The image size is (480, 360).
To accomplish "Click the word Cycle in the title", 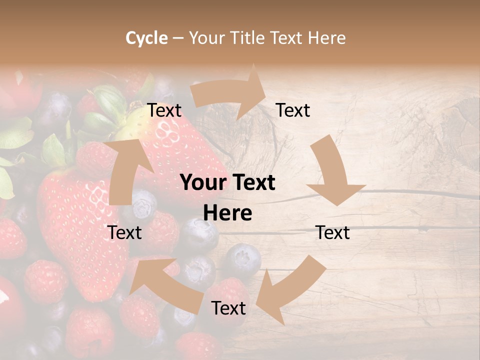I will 146,38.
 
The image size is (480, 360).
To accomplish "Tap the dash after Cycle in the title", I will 178,38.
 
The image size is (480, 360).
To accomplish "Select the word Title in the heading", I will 246,38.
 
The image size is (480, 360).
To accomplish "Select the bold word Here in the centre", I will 227,213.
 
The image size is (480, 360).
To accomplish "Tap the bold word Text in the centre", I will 252,183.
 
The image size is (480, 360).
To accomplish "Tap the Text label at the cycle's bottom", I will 228,308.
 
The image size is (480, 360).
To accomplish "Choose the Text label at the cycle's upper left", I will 164,110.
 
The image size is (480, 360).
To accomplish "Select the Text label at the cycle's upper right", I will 293,110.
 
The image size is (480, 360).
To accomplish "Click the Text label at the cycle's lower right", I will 333,232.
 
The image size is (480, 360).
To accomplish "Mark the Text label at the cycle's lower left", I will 125,232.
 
